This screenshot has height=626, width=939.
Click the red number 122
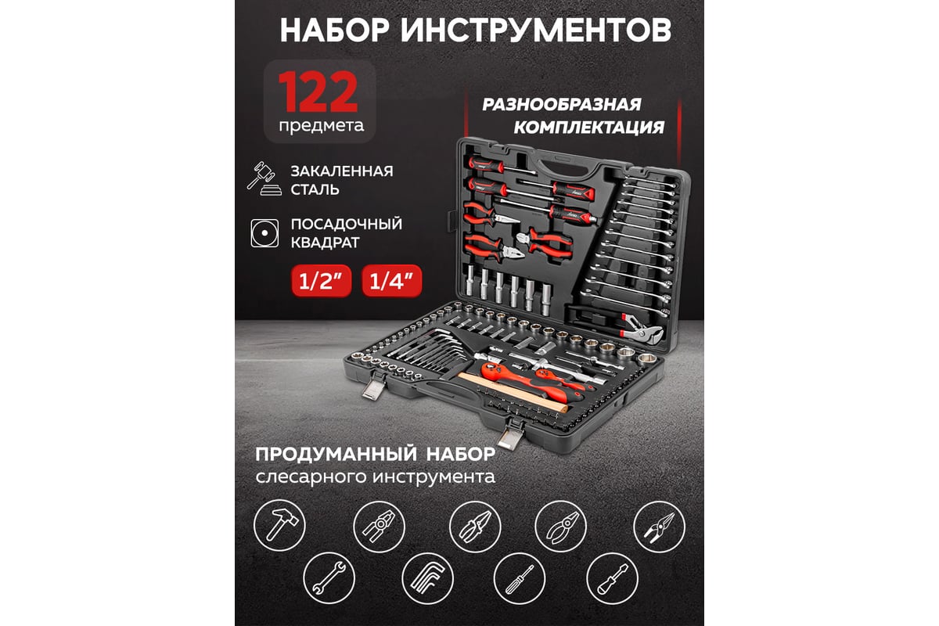(318, 92)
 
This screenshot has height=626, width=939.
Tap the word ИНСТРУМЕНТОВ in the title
(536, 30)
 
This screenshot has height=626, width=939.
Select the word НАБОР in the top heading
(335, 30)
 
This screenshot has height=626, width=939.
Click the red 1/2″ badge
(322, 281)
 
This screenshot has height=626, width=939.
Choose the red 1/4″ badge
(391, 281)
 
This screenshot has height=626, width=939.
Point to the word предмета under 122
(322, 126)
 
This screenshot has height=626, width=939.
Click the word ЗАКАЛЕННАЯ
(342, 171)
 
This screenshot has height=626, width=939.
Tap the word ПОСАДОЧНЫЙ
(346, 224)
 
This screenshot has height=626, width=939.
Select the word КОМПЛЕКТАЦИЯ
(589, 127)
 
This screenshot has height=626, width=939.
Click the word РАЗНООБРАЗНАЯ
(562, 104)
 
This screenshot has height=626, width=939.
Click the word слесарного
(311, 477)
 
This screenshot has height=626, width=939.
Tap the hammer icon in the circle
(279, 525)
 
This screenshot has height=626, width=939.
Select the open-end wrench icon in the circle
(329, 578)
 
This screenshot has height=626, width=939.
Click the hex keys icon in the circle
(427, 578)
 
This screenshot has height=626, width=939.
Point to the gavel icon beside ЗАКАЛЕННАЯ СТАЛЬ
(264, 178)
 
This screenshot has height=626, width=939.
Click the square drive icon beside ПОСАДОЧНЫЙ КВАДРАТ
(264, 233)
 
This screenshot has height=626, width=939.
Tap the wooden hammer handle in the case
(513, 390)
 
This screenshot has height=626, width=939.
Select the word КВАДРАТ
(325, 243)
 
